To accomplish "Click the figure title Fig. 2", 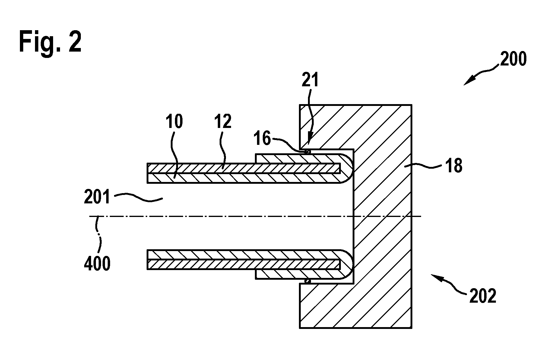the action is click(x=50, y=43).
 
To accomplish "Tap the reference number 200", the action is click(x=513, y=59).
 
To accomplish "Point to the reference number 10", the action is click(x=174, y=122).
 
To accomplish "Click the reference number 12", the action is click(x=223, y=122).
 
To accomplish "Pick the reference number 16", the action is click(x=262, y=139).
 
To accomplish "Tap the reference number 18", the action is click(x=453, y=166).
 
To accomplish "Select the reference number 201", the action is click(x=97, y=198).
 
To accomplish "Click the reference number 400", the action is click(x=97, y=264).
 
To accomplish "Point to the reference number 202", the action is click(x=483, y=296).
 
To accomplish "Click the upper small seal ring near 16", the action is click(x=307, y=151).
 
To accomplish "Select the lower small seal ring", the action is click(x=307, y=281).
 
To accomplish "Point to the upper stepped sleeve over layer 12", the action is click(x=299, y=159).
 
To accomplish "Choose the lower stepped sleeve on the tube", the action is click(x=299, y=274).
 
